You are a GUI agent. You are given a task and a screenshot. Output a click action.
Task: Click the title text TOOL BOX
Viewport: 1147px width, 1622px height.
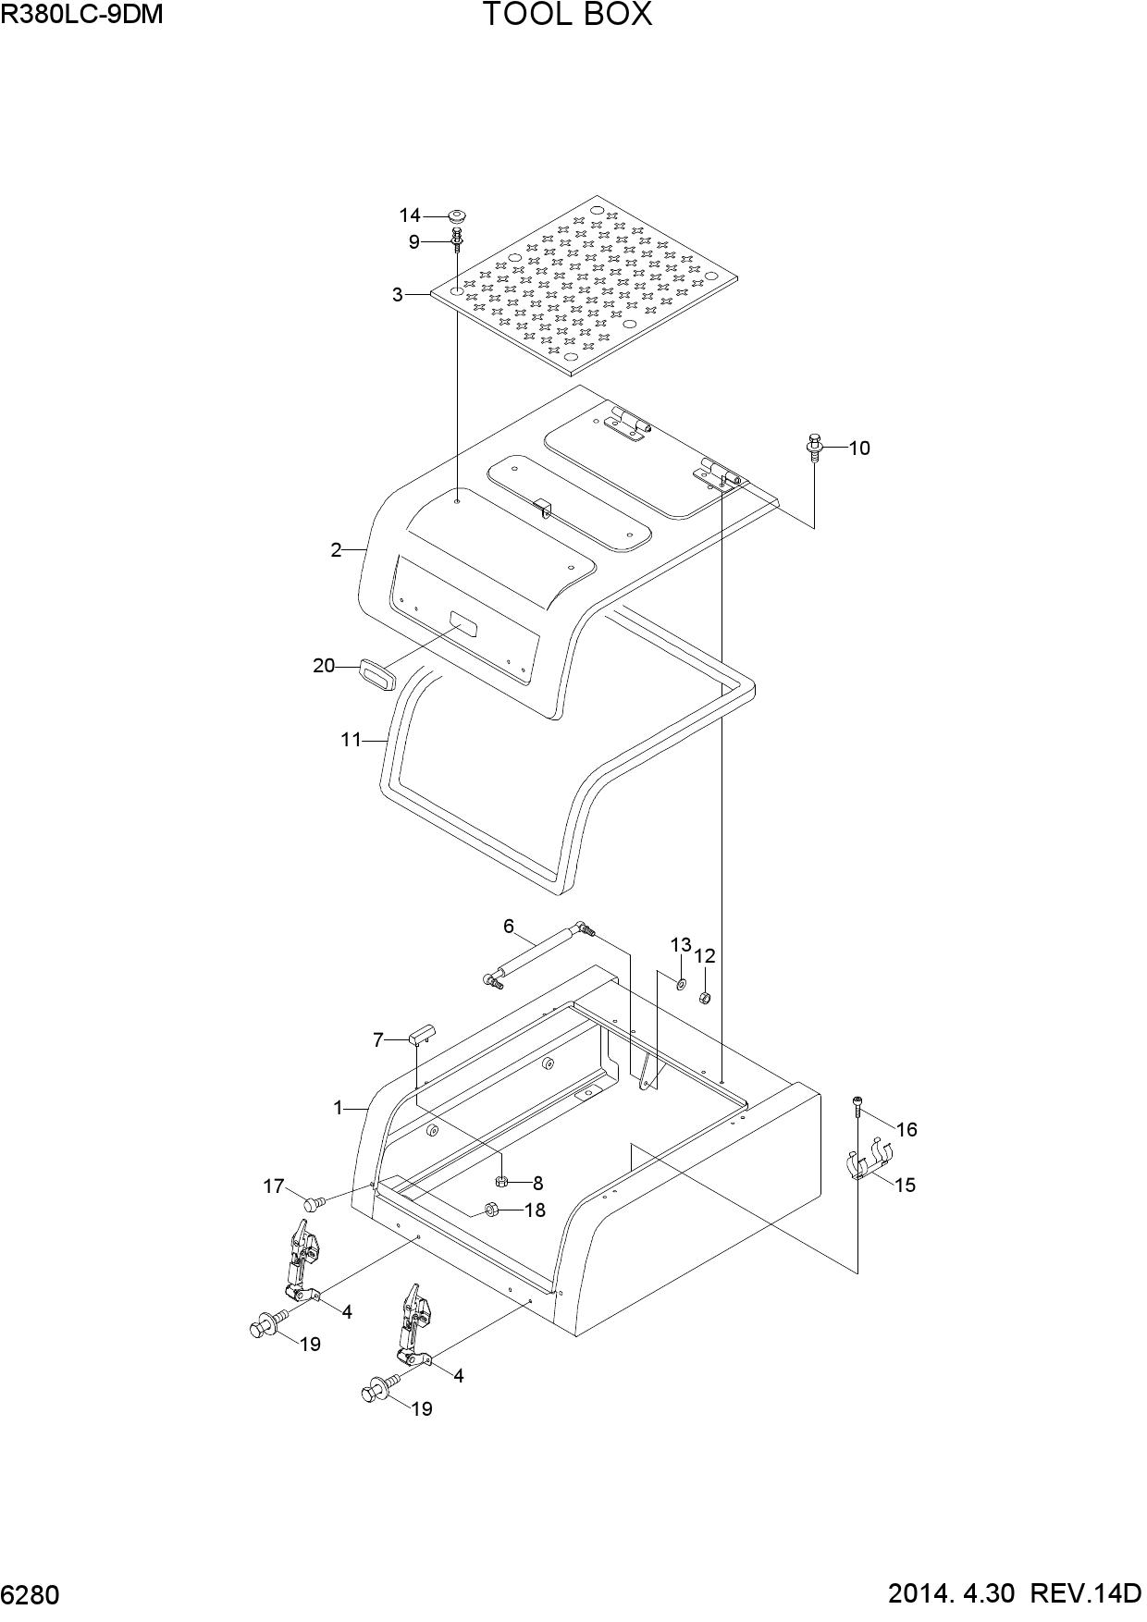567,15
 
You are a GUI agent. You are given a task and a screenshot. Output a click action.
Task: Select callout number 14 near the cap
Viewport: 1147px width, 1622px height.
410,215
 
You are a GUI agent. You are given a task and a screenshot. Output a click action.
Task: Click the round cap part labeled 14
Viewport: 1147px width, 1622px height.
456,215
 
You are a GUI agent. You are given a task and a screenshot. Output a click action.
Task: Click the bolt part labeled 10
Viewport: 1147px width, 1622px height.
814,447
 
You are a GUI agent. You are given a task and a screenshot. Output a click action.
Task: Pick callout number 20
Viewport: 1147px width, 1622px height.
323,665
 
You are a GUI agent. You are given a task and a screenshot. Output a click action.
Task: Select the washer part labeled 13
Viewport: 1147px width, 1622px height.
681,983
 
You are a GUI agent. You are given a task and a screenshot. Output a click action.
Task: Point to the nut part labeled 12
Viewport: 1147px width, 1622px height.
703,998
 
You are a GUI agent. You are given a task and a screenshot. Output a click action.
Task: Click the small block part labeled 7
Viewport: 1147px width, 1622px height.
422,1035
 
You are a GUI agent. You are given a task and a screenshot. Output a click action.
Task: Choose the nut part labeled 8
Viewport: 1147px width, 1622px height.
502,1181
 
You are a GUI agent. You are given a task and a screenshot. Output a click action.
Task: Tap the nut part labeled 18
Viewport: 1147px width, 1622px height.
492,1210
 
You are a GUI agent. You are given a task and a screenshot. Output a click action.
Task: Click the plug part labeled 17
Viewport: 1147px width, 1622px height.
314,1203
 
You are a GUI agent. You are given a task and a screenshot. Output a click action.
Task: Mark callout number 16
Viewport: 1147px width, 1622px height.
906,1129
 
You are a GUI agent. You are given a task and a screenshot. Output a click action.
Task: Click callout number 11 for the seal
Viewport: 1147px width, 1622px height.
351,740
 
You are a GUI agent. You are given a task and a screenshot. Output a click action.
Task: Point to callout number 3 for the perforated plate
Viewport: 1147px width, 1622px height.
397,295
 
